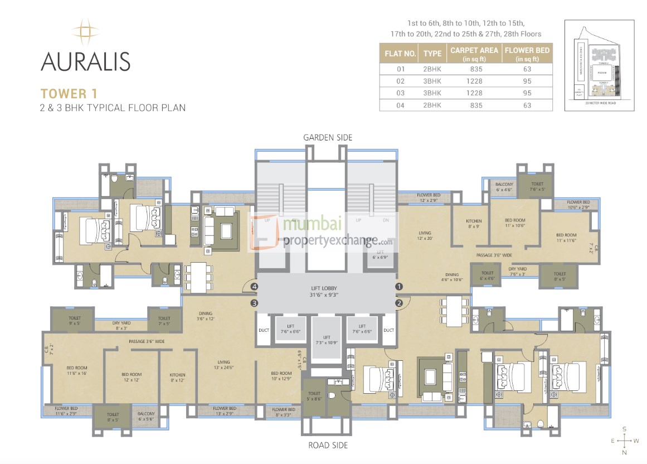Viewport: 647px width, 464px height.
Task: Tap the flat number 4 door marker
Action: (x=254, y=287)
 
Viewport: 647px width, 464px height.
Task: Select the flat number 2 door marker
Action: (x=399, y=303)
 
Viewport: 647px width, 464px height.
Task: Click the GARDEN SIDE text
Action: (x=328, y=137)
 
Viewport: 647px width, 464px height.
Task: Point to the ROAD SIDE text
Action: (x=328, y=445)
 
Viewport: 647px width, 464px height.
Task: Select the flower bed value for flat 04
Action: (x=527, y=105)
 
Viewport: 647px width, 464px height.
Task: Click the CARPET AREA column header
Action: (x=474, y=54)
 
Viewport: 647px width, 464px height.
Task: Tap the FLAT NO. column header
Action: (x=400, y=54)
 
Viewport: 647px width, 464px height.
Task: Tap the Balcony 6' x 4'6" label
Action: (x=504, y=186)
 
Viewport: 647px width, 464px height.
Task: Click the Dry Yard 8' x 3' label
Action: (x=121, y=325)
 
